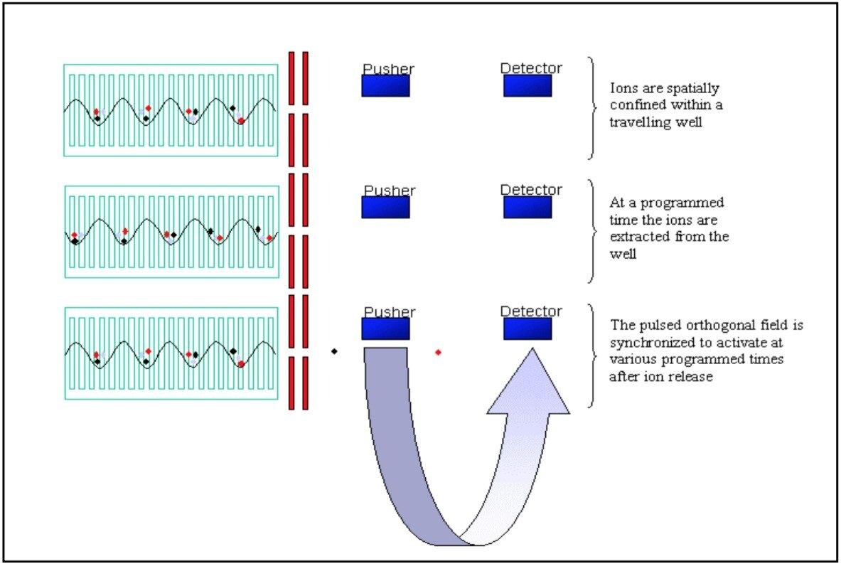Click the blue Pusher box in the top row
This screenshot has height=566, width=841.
coord(385,86)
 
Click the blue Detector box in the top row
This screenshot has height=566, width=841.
coord(527,86)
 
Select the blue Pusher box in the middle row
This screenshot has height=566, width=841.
coord(385,208)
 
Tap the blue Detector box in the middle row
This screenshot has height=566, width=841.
coord(527,208)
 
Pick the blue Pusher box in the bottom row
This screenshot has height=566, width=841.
coord(385,329)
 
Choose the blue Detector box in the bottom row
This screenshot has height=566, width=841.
coord(527,329)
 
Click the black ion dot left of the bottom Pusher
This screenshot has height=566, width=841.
coord(334,351)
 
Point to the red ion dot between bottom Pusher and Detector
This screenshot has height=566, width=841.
coord(438,352)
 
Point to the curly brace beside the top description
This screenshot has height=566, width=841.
coord(592,108)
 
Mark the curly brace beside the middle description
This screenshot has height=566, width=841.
coord(592,230)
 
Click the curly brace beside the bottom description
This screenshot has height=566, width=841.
coord(592,355)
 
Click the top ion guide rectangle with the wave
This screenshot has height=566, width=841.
coord(171,110)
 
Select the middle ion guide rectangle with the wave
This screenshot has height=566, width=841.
coord(171,232)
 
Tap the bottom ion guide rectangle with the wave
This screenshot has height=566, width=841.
coord(171,353)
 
